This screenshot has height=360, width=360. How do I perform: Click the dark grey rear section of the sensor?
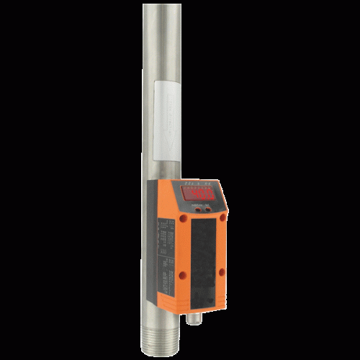(x=152, y=238)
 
